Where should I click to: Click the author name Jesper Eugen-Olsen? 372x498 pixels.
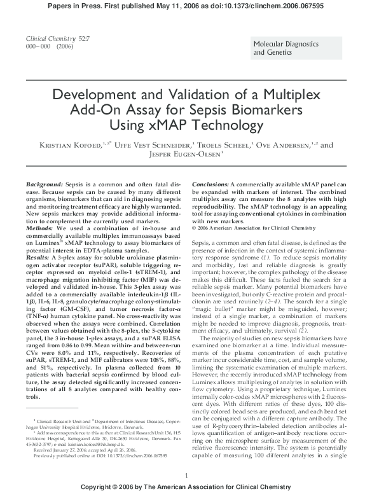click(186, 155)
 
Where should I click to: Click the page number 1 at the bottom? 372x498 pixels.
click(186, 475)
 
